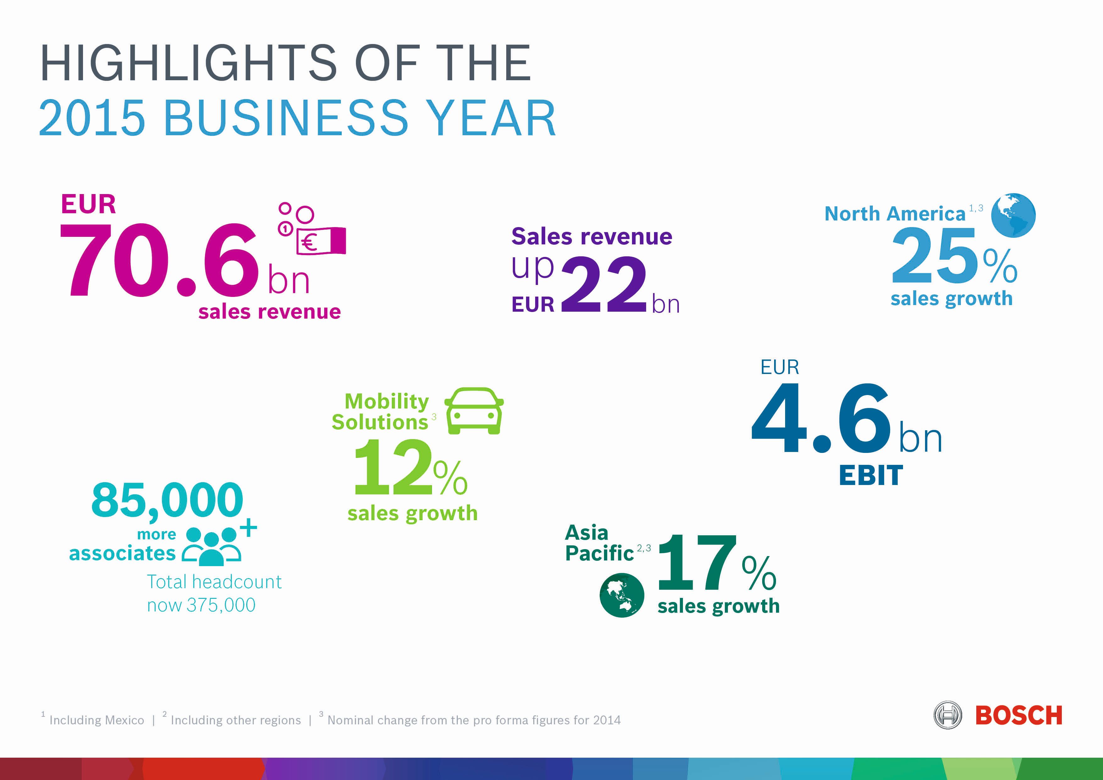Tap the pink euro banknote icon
[x=321, y=240]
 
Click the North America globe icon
[x=1013, y=215]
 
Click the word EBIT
[x=871, y=476]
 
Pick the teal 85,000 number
[x=167, y=501]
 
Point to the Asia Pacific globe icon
[x=622, y=595]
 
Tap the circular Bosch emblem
[x=947, y=715]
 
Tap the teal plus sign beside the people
[x=248, y=528]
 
